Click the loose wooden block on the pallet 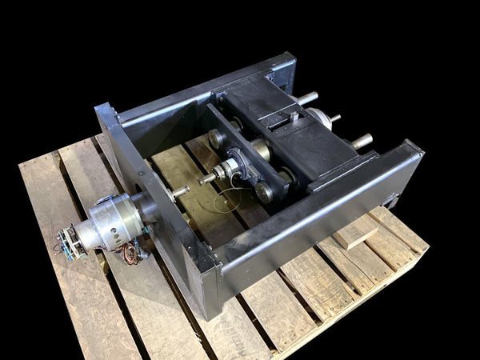click(354, 232)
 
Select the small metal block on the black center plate click(294, 117)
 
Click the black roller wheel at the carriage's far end click(217, 138)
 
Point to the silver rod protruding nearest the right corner click(362, 142)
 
